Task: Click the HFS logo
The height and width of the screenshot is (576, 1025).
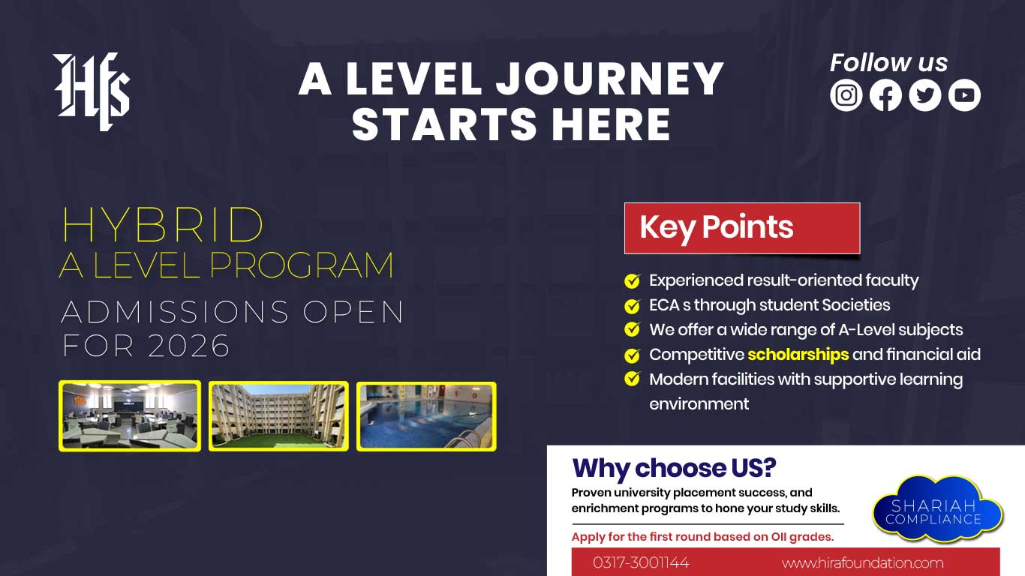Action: [92, 91]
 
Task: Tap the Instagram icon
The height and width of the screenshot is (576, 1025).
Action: [846, 95]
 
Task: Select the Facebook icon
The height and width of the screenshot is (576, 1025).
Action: [885, 95]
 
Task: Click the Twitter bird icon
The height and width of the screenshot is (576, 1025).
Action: [924, 95]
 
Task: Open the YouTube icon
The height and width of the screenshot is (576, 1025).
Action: [964, 95]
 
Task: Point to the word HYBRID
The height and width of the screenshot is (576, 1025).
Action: [162, 224]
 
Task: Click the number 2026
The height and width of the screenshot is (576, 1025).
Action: [189, 346]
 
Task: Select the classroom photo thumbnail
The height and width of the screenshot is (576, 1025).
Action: [130, 415]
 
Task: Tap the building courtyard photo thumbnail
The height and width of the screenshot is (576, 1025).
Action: [278, 415]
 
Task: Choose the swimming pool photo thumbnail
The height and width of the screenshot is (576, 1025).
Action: [426, 415]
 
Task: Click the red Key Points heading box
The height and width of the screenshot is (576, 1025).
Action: [741, 228]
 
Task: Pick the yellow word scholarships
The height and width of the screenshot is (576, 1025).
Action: [798, 354]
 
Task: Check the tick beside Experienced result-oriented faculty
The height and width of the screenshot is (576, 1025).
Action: [633, 281]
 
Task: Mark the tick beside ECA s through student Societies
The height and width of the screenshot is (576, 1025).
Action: [633, 306]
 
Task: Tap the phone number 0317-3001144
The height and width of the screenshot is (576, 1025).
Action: [641, 562]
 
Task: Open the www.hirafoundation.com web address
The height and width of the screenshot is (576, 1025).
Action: [862, 562]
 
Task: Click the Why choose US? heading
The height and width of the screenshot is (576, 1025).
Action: [674, 469]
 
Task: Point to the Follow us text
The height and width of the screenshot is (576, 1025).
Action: [888, 63]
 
